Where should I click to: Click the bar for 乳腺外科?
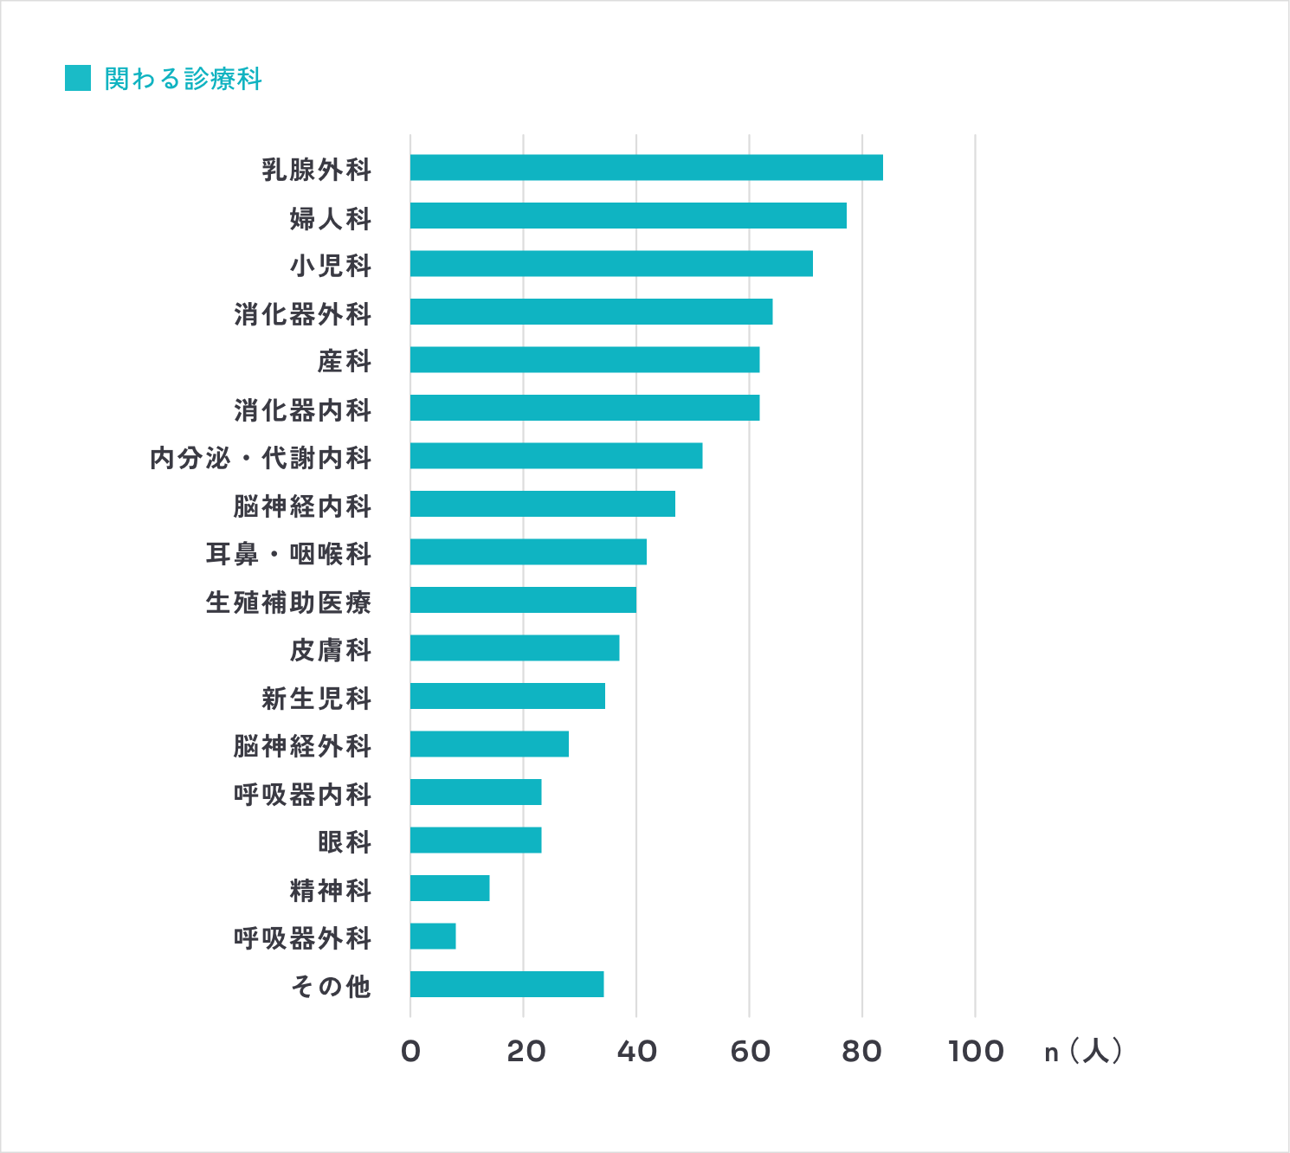(x=646, y=168)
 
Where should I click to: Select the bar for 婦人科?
(x=628, y=216)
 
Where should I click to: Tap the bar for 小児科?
(x=611, y=264)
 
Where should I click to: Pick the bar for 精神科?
(x=449, y=888)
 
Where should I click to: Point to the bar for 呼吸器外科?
(x=433, y=937)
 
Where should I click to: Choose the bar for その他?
(x=506, y=984)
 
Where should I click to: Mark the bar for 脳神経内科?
(x=542, y=504)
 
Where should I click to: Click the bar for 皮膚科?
(x=514, y=648)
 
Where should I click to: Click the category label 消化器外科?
(x=302, y=313)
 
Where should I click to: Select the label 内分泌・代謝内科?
(x=261, y=457)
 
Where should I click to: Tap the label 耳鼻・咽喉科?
(x=288, y=553)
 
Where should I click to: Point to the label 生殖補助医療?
(x=288, y=602)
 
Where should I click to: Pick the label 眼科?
(x=344, y=841)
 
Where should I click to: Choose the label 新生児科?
(x=316, y=698)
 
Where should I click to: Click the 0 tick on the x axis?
(x=410, y=1052)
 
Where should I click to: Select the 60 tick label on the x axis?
(x=750, y=1052)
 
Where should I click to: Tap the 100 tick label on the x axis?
(x=976, y=1052)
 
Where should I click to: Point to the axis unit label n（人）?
(x=1083, y=1052)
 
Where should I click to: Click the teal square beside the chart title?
(x=78, y=78)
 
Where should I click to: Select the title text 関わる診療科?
(x=183, y=79)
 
